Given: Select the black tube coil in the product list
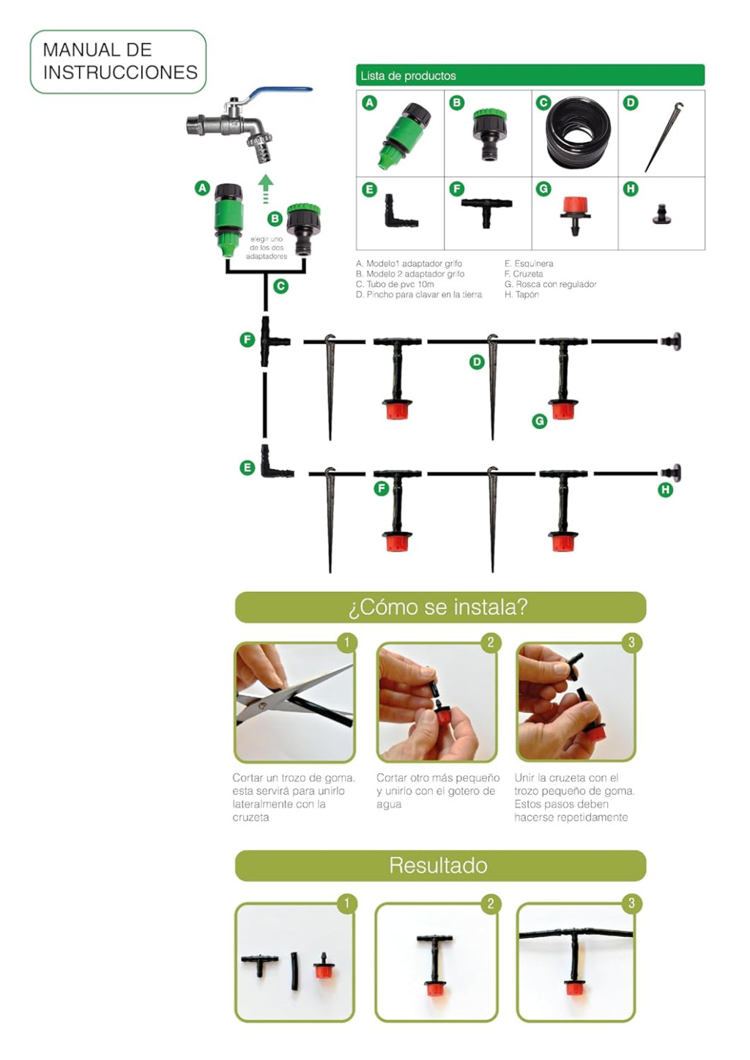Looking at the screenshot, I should click(578, 132).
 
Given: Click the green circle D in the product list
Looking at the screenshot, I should click(631, 102).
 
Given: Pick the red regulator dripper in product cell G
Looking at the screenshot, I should click(575, 212).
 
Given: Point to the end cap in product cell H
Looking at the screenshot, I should click(661, 214).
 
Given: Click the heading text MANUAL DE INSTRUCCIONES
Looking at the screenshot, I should click(119, 61).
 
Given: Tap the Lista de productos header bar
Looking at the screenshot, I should click(530, 75).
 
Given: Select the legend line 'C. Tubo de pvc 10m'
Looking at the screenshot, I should click(395, 284).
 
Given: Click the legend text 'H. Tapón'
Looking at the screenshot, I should click(521, 294).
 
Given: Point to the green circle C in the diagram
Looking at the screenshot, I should click(281, 286).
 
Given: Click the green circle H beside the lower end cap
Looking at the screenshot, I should click(665, 490).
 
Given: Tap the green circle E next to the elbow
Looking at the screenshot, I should click(248, 467).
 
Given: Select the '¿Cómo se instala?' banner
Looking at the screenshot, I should click(439, 607).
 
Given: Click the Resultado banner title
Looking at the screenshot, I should click(438, 865).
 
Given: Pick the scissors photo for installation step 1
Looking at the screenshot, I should click(294, 703).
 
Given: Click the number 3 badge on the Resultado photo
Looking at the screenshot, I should click(631, 903).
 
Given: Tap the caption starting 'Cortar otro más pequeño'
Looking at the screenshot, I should click(437, 791).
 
